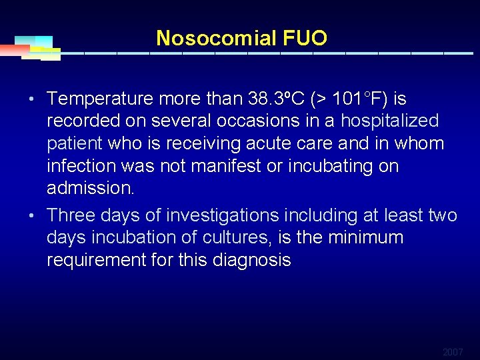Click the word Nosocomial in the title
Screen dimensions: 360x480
point(215,38)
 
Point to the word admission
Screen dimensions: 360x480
point(90,189)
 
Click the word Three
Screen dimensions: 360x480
point(73,215)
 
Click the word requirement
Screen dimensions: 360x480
point(97,260)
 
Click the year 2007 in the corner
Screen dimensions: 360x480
point(453,352)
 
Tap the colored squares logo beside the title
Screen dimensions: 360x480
point(37,47)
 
